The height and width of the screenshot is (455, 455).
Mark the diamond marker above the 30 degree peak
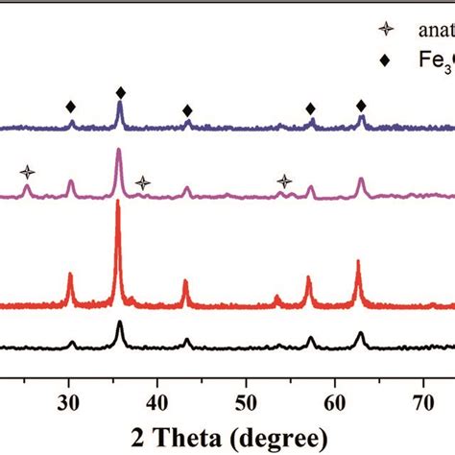pos(70,107)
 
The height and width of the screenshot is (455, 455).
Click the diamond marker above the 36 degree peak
pos(120,92)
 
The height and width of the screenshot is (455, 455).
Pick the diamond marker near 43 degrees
pos(187,110)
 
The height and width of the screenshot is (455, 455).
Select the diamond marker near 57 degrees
pos(310,108)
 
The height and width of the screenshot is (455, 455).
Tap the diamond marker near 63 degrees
pos(361,105)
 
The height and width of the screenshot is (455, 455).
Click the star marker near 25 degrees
pos(28,172)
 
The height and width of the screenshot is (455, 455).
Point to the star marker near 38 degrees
pos(142,182)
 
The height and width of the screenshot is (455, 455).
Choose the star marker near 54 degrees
pos(285,180)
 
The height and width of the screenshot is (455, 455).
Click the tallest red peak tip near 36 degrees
pos(118,203)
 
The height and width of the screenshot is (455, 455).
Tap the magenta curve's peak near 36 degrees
pos(118,150)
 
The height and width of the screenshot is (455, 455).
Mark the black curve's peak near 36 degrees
pos(120,323)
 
